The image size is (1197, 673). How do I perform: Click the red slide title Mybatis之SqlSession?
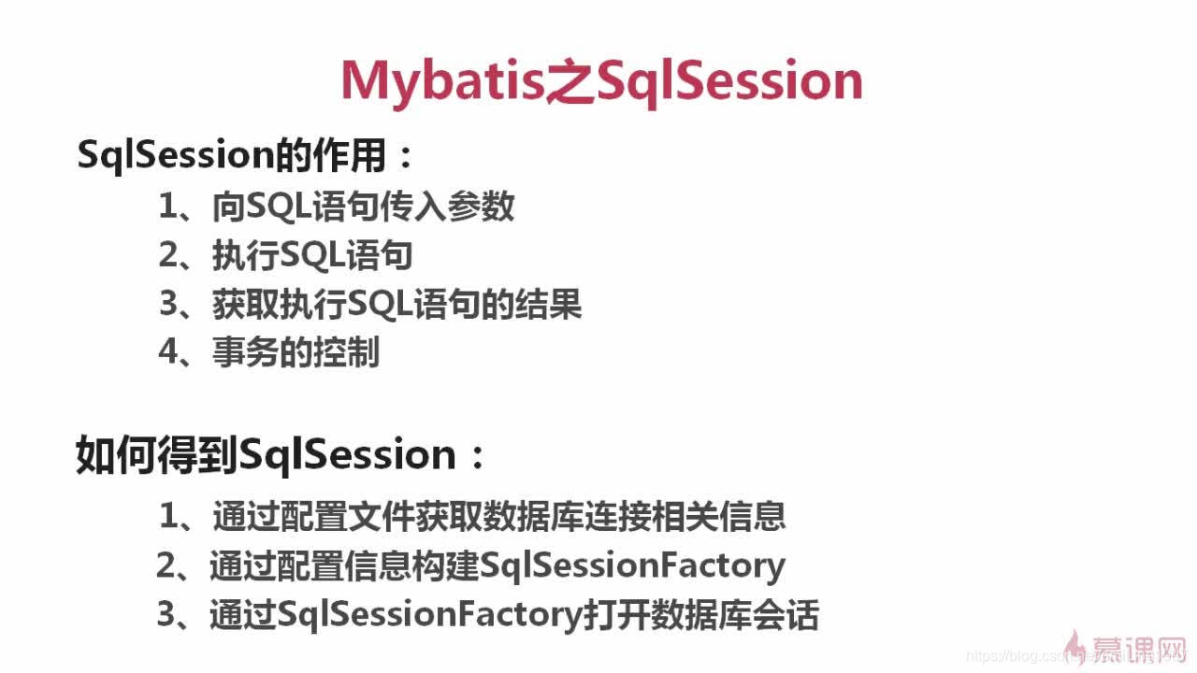[600, 81]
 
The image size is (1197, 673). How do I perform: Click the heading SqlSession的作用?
[245, 155]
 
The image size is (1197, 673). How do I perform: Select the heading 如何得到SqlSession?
[281, 455]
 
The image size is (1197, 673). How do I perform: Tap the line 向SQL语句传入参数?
[363, 207]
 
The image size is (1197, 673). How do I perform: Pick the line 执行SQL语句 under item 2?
[312, 256]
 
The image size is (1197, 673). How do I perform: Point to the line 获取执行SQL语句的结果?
[397, 305]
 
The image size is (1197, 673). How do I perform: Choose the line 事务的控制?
[296, 353]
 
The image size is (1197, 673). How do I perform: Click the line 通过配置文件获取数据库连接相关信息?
[498, 516]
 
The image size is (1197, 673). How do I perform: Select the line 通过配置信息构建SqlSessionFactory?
[497, 566]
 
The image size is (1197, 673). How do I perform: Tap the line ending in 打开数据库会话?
[513, 615]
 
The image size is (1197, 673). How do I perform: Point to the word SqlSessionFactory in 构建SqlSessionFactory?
[631, 566]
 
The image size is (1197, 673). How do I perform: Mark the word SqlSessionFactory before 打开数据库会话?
[429, 615]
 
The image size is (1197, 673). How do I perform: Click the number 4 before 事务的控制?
[168, 353]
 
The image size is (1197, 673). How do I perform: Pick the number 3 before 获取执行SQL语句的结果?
[168, 305]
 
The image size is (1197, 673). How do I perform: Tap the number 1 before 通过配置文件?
[169, 516]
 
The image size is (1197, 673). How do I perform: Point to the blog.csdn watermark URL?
[1029, 657]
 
